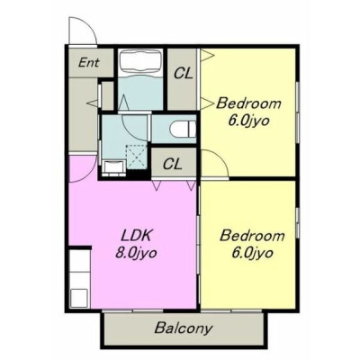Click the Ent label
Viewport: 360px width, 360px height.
[x=88, y=63]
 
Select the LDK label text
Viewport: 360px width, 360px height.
[x=135, y=236]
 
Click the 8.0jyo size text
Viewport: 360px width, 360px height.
[x=136, y=254]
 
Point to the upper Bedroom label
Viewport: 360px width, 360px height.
[x=248, y=103]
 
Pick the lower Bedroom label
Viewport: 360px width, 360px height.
[x=252, y=236]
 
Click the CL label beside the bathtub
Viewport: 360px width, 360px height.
[x=183, y=73]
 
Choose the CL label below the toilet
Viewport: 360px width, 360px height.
[x=173, y=164]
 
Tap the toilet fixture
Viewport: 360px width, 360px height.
[x=183, y=130]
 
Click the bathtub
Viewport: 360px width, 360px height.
[x=140, y=62]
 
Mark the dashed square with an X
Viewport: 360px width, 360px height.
[x=137, y=157]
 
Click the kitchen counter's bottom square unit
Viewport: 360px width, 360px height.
[x=79, y=298]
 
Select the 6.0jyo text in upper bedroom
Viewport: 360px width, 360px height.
[x=248, y=121]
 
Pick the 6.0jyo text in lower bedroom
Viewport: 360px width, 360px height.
[x=252, y=254]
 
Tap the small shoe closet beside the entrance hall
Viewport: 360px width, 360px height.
[x=107, y=95]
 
